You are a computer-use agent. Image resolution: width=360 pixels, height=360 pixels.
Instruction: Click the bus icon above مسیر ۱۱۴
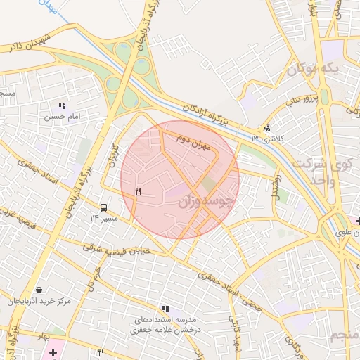104,207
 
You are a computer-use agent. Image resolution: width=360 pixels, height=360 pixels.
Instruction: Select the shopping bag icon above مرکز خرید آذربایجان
38,290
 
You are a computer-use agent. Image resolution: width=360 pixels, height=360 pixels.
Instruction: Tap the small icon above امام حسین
62,105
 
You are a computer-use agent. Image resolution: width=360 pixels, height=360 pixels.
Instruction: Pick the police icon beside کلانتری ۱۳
267,128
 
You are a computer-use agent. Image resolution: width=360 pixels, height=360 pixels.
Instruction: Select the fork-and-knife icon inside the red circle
139,191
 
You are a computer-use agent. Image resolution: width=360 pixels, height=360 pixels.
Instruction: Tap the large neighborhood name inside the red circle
204,202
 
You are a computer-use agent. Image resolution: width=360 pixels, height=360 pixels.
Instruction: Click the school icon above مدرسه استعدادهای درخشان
165,308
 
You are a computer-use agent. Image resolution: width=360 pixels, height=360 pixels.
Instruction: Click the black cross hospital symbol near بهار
53,350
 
